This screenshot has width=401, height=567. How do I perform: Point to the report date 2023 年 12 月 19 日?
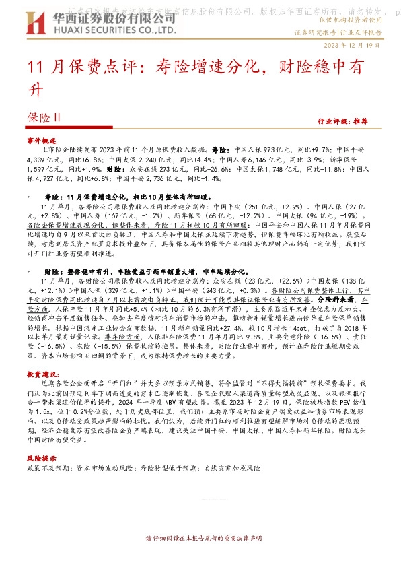click(x=356, y=46)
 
